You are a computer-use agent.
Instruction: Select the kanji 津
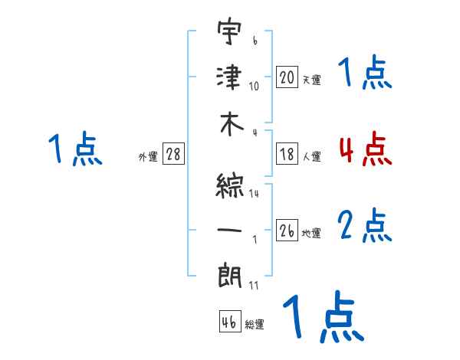click(x=229, y=77)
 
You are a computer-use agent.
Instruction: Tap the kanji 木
click(x=229, y=127)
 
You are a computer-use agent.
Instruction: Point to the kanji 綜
click(x=229, y=183)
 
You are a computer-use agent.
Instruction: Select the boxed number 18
click(x=287, y=155)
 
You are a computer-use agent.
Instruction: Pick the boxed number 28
click(x=173, y=155)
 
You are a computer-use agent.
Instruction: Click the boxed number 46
click(x=229, y=322)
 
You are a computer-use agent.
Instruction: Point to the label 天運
click(x=311, y=80)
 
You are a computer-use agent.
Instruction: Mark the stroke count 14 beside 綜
click(x=254, y=193)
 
